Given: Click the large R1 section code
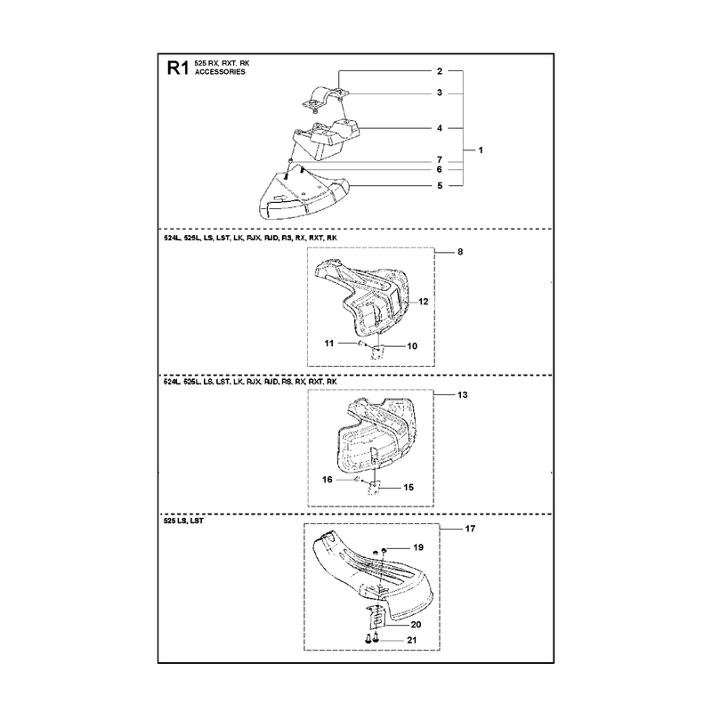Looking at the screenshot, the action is click(177, 69).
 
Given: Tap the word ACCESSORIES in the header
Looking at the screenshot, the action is click(220, 72).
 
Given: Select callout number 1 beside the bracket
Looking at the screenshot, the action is click(481, 150).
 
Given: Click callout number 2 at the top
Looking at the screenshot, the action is click(439, 71).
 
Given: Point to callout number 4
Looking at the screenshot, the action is click(439, 128).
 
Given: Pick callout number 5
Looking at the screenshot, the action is click(439, 185).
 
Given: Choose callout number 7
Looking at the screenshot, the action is click(439, 160).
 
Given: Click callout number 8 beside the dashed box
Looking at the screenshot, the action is click(460, 252).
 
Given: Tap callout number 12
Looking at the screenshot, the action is click(424, 302).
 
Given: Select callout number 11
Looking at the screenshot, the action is click(329, 344).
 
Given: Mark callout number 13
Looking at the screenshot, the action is click(462, 394).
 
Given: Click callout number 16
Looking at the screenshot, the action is click(327, 480).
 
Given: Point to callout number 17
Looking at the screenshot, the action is click(470, 529).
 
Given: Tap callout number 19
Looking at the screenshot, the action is click(418, 547).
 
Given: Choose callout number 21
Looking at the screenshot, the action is click(411, 640).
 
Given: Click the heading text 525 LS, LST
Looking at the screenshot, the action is click(183, 521).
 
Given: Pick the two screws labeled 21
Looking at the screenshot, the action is click(371, 639).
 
